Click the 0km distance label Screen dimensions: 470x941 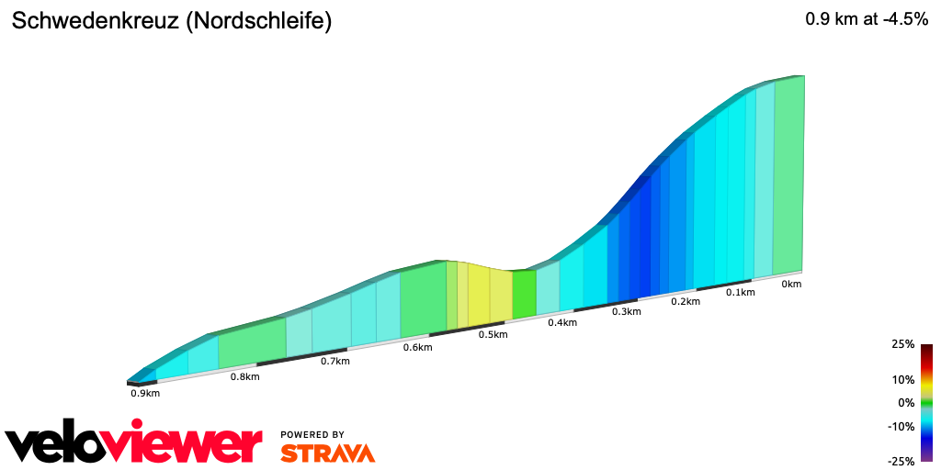(x=791, y=285)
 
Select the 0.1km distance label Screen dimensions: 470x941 (x=740, y=293)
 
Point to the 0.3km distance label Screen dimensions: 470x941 (x=626, y=312)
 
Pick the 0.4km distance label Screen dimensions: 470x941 (x=562, y=323)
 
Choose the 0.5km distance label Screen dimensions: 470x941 (x=493, y=335)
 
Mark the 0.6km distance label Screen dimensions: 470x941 (x=417, y=348)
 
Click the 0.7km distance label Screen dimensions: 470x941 (x=334, y=362)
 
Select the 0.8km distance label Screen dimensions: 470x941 (x=244, y=376)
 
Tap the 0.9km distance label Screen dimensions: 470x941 (x=145, y=393)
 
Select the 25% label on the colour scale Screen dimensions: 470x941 (x=902, y=344)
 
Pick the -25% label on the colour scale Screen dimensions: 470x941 (x=901, y=461)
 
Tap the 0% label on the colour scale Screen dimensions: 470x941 (x=906, y=403)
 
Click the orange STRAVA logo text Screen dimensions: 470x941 (x=327, y=453)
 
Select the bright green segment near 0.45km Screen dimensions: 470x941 (x=524, y=295)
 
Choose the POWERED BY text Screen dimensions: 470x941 (x=312, y=434)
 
